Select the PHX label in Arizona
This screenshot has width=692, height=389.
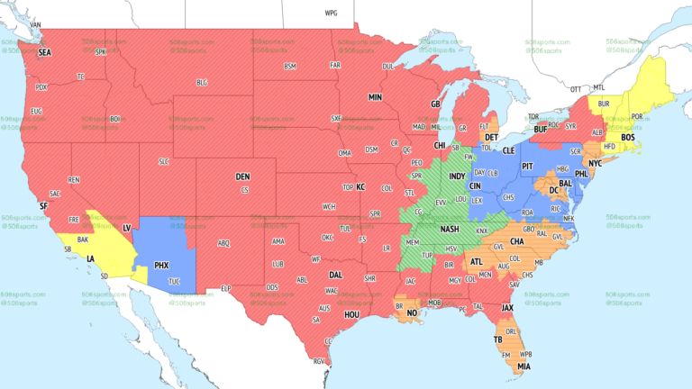[162, 266]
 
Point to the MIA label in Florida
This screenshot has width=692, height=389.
[524, 366]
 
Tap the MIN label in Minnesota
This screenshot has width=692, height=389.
[376, 97]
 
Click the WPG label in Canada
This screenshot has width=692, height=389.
[331, 14]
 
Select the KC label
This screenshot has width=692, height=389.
[360, 186]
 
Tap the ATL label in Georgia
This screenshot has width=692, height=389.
[476, 262]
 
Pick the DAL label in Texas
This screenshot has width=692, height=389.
[335, 275]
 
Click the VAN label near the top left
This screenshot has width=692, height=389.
[36, 24]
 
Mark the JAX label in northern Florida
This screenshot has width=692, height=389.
[508, 307]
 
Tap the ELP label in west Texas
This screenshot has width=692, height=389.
[226, 288]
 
